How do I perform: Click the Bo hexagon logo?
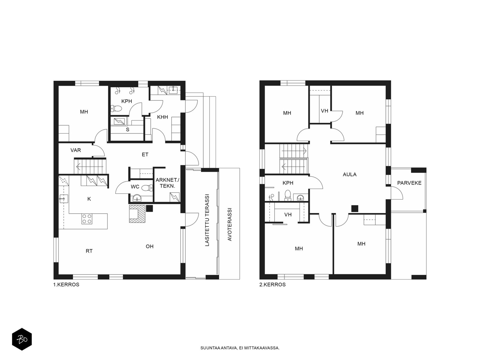pos(22,339)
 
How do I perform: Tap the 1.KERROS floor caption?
pos(66,285)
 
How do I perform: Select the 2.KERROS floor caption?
pos(272,285)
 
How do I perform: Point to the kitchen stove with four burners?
pos(87,219)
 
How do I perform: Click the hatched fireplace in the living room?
pos(137,214)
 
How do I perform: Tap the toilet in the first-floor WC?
pos(147,187)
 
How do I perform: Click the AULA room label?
pos(349,174)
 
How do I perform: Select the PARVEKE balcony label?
pos(409,183)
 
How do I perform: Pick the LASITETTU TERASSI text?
pos(207,220)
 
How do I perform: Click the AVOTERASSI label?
pos(229,224)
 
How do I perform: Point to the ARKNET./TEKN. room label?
pos(167,183)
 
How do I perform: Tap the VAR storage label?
pos(76,150)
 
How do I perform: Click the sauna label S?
pos(127,130)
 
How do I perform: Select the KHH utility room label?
pos(163,117)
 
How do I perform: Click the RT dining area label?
pos(89,251)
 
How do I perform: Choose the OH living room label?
pos(150,246)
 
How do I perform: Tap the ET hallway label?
pos(145,154)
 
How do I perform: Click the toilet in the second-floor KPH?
pos(287,195)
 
